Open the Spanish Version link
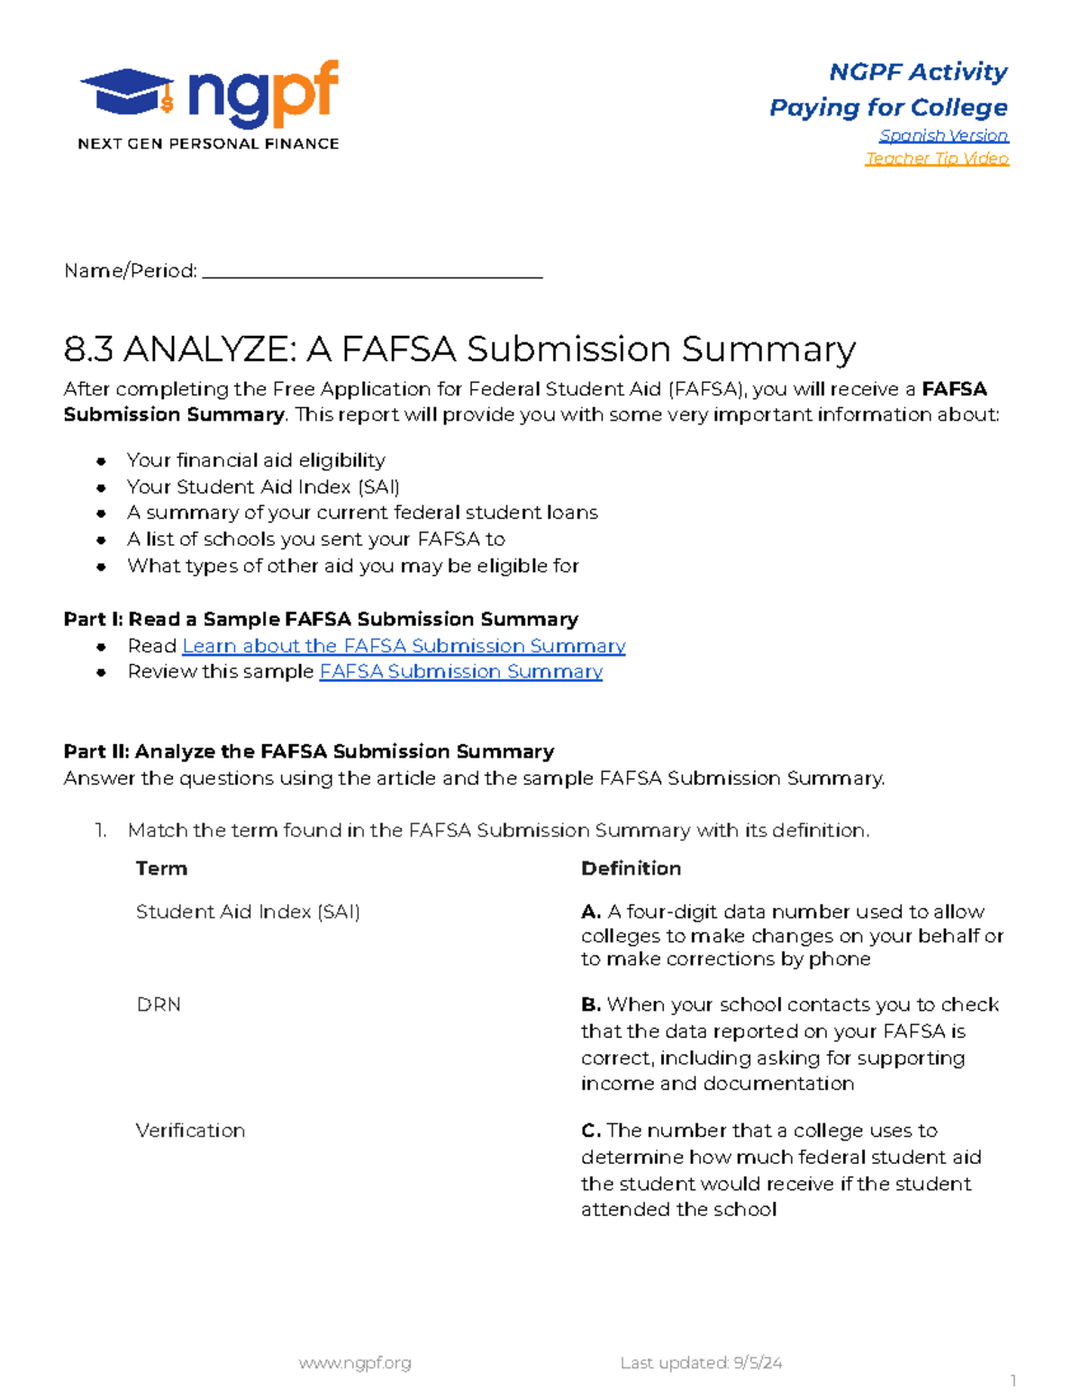pyautogui.click(x=943, y=135)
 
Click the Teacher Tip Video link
pyautogui.click(x=937, y=159)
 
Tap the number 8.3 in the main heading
pyautogui.click(x=89, y=350)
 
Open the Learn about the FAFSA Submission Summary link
pyautogui.click(x=404, y=646)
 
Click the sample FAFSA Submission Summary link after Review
pyautogui.click(x=460, y=672)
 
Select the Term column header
pyautogui.click(x=161, y=868)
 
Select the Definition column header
pyautogui.click(x=631, y=868)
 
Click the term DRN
pyautogui.click(x=159, y=1004)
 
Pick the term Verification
pyautogui.click(x=190, y=1131)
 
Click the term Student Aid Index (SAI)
pyautogui.click(x=248, y=912)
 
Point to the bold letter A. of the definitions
pyautogui.click(x=591, y=912)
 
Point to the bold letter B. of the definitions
pyautogui.click(x=591, y=1004)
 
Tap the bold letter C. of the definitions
pyautogui.click(x=591, y=1131)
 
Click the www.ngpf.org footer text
pyautogui.click(x=355, y=1363)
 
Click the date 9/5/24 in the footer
pyautogui.click(x=758, y=1363)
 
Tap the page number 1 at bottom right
pyautogui.click(x=1013, y=1381)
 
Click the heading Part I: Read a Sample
pyautogui.click(x=321, y=620)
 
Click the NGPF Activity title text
pyautogui.click(x=917, y=72)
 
